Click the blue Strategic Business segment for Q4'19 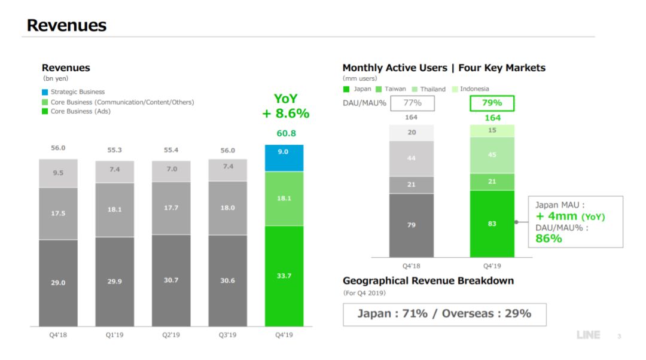[284, 158]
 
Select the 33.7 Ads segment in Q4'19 [284, 276]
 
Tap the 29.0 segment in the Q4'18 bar [58, 282]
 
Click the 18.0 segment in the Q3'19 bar [227, 208]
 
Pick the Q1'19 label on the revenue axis [114, 335]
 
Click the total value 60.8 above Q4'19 [286, 133]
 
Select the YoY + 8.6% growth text [286, 106]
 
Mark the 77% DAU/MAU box [412, 103]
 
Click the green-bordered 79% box [492, 103]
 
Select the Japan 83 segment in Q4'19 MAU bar [492, 224]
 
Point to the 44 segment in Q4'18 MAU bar [412, 158]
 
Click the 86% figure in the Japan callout [549, 239]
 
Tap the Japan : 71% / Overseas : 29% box [444, 314]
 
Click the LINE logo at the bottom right [588, 335]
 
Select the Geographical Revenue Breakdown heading [428, 281]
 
